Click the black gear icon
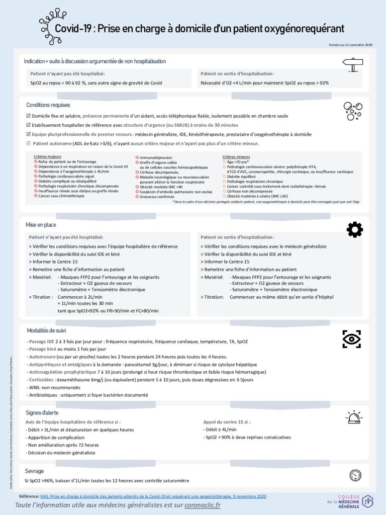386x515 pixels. click(354, 229)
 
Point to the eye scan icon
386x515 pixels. click(351, 339)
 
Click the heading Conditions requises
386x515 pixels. click(48, 105)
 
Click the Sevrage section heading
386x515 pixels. click(34, 471)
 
